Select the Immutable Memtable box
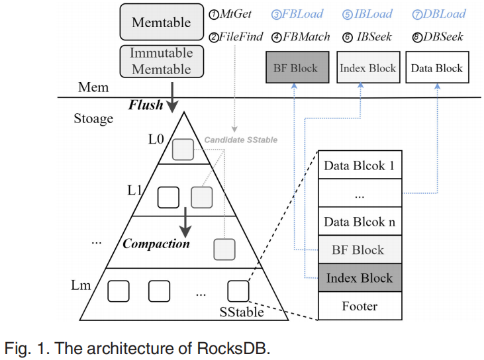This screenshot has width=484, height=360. pyautogui.click(x=162, y=61)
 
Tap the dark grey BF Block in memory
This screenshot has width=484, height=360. pyautogui.click(x=295, y=67)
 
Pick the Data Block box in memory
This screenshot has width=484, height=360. pyautogui.click(x=437, y=67)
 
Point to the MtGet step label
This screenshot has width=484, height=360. pyautogui.click(x=230, y=14)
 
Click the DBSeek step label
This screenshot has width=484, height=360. pyautogui.click(x=438, y=36)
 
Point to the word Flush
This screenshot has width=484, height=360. pyautogui.click(x=146, y=105)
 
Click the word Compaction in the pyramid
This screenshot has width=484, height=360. pyautogui.click(x=156, y=244)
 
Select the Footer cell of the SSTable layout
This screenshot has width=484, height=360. pyautogui.click(x=360, y=306)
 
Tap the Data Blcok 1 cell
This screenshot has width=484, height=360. pyautogui.click(x=360, y=165)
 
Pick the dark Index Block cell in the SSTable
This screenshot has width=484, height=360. pyautogui.click(x=360, y=278)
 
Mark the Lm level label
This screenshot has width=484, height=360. pyautogui.click(x=83, y=285)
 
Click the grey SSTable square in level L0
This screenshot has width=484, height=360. pyautogui.click(x=183, y=150)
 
